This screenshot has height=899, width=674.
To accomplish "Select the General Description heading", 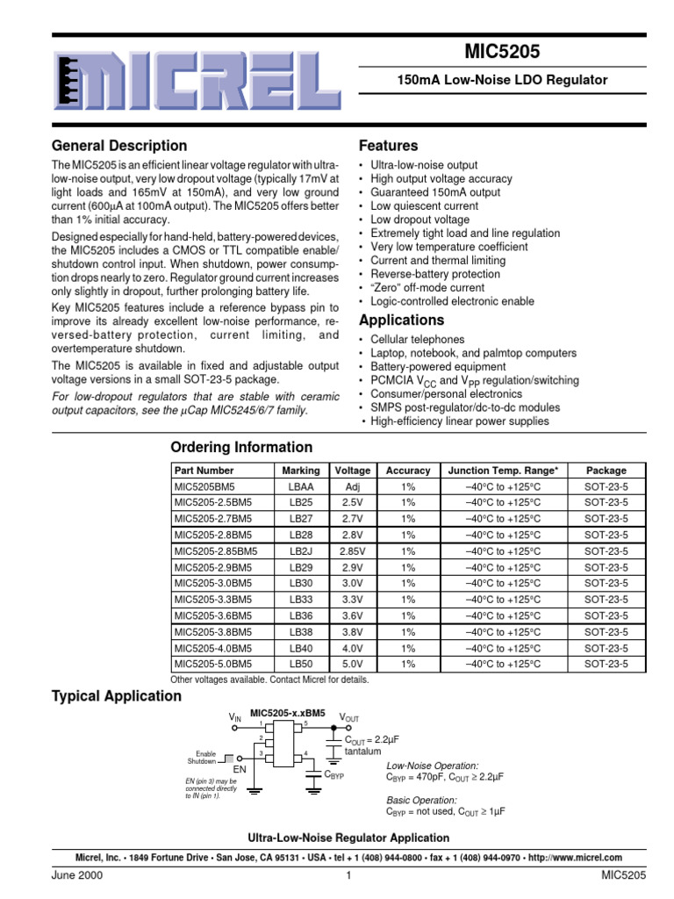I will pyautogui.click(x=119, y=146).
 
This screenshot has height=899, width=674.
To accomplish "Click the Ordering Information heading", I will pyautogui.click(x=241, y=447).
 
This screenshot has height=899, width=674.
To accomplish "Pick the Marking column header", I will pyautogui.click(x=300, y=471).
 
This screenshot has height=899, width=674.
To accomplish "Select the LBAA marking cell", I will pyautogui.click(x=300, y=486).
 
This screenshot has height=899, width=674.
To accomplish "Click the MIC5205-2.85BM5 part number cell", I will pyautogui.click(x=215, y=551).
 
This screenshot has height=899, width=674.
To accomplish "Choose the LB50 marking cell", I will pyautogui.click(x=300, y=665).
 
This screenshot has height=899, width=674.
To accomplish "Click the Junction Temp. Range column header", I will pyautogui.click(x=503, y=471).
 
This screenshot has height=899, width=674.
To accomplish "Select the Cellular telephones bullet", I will pyautogui.click(x=418, y=340).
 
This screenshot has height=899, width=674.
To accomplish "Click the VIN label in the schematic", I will pyautogui.click(x=235, y=717).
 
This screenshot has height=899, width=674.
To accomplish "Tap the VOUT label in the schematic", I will pyautogui.click(x=348, y=717).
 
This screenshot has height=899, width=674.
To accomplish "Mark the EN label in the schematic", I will pyautogui.click(x=239, y=768).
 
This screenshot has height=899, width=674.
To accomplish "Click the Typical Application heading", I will pyautogui.click(x=117, y=696).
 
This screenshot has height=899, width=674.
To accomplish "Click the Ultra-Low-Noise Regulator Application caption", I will pyautogui.click(x=337, y=838).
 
